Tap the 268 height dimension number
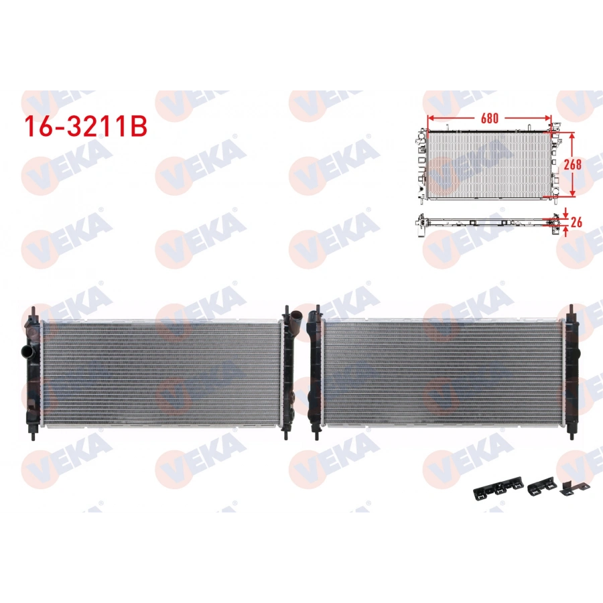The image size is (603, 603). (x=572, y=163)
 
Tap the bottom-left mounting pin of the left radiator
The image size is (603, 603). (x=31, y=432)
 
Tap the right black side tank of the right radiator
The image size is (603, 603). (x=572, y=372)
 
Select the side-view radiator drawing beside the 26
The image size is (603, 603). (x=486, y=220)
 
